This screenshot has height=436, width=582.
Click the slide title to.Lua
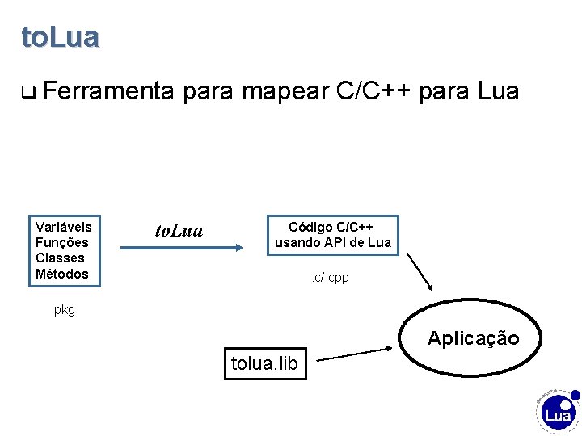[61, 37]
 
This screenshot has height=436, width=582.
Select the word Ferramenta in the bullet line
[109, 91]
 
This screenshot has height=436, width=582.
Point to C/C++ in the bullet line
[379, 91]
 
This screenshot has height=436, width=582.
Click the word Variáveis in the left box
[64, 226]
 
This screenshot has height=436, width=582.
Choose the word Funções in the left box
[62, 242]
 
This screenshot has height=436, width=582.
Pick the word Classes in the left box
[60, 258]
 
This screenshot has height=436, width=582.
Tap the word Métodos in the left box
[62, 274]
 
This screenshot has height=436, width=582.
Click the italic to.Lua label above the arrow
[179, 232]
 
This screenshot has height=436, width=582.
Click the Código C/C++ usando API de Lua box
[332, 234]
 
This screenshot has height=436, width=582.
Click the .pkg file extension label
[62, 310]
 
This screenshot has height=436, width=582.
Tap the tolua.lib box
[264, 364]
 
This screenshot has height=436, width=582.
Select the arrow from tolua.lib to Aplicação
[356, 354]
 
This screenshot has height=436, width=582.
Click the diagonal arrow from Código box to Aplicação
[420, 271]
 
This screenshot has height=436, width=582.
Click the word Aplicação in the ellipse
[473, 338]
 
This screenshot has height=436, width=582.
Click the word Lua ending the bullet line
[499, 91]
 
